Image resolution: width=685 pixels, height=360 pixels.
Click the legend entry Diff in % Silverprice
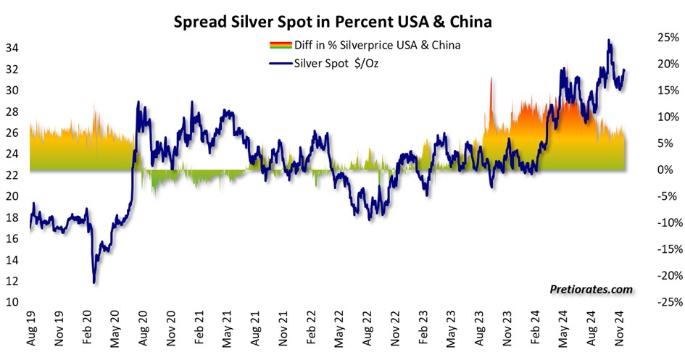[378, 45]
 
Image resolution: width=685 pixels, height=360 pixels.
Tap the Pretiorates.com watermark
[589, 290]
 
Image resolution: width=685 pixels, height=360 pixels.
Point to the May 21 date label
[228, 330]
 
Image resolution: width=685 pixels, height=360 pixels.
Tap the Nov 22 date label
[397, 330]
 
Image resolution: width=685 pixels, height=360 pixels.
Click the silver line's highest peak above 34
[609, 41]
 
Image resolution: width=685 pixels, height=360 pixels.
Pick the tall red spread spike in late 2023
[491, 78]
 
